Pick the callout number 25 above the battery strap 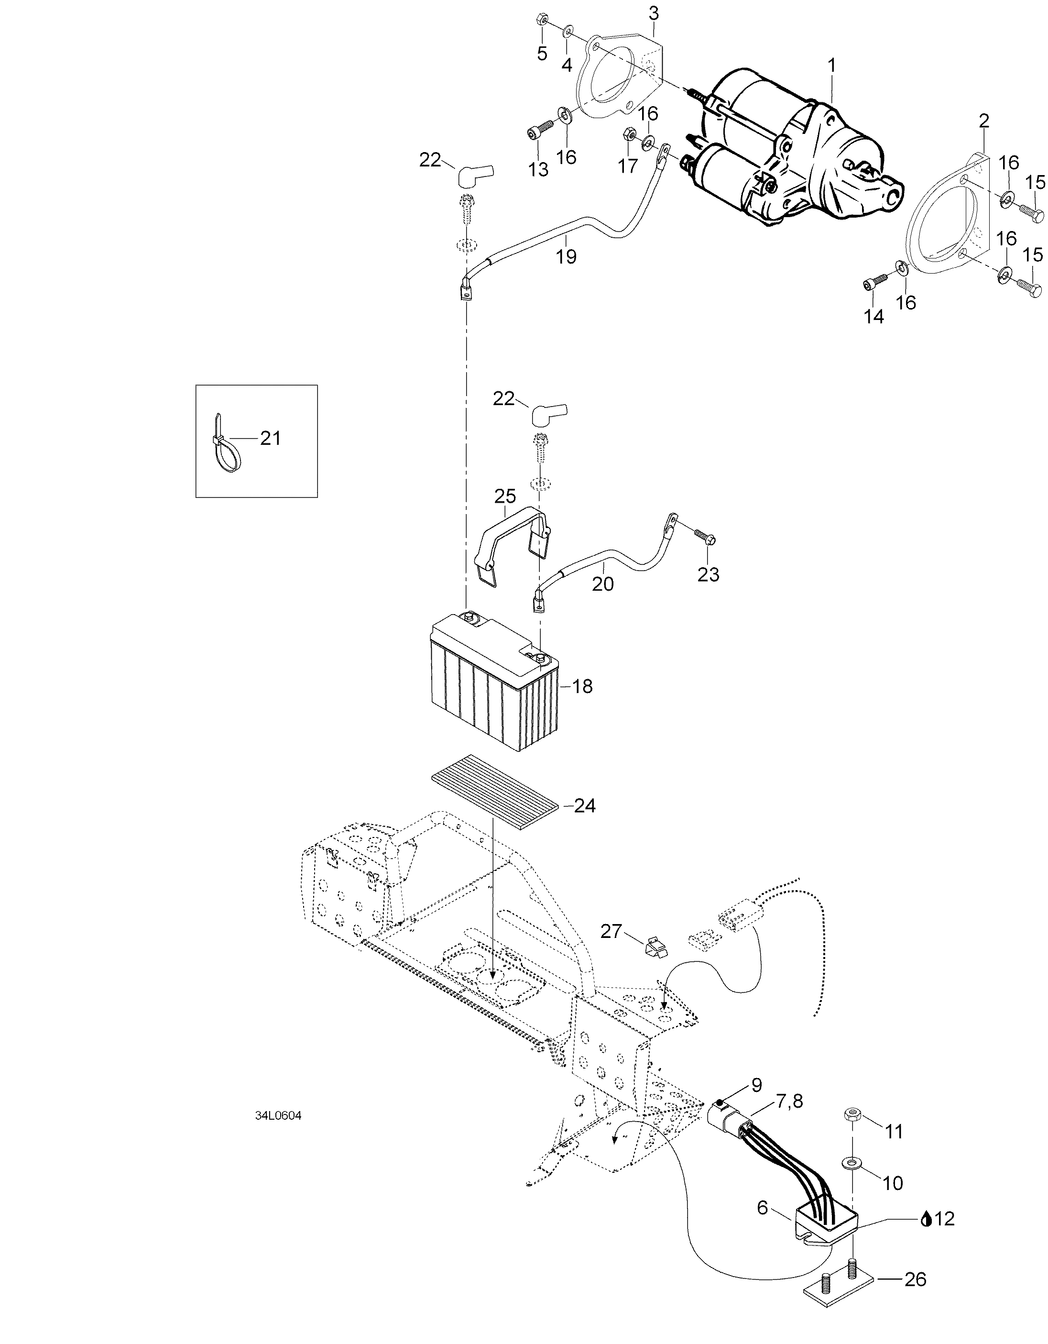[x=505, y=496]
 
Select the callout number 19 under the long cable [x=567, y=257]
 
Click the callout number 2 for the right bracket [x=983, y=121]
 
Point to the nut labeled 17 [x=629, y=132]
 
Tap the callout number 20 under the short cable [x=603, y=584]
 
